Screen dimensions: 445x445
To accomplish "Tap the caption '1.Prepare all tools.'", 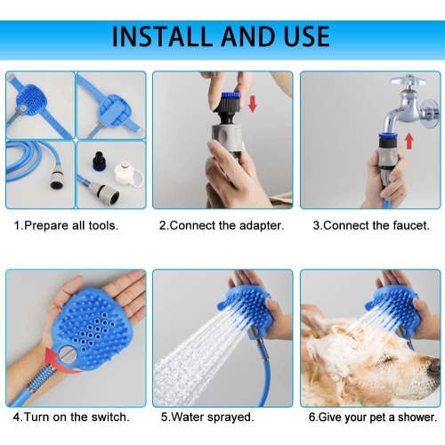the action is pos(66,226).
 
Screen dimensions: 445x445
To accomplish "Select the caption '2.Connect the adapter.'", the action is pos(222,226).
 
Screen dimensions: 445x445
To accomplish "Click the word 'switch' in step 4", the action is pos(110,417).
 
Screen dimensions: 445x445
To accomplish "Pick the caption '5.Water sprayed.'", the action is pos(207,417).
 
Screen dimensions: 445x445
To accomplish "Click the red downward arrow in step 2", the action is pos(253,104).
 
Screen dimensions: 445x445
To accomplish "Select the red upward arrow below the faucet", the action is pos(409,141).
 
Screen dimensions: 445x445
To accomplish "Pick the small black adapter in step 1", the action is pos(99,162).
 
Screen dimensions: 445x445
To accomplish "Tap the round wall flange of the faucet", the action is pos(430,114).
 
